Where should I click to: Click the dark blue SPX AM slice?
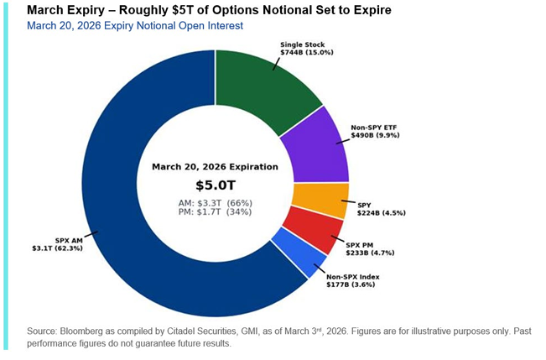click(x=126, y=210)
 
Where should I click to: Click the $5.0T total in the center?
click(x=215, y=185)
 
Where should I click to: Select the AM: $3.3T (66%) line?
click(x=215, y=203)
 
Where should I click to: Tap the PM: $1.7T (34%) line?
click(x=215, y=214)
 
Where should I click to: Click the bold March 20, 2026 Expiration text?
click(x=215, y=167)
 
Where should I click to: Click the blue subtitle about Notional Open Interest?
click(x=134, y=26)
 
